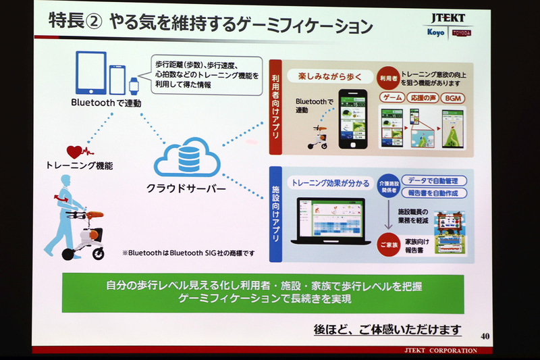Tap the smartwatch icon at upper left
(132, 85)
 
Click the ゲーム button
(393, 98)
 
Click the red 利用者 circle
(388, 78)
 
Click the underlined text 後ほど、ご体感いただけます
(387, 330)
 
